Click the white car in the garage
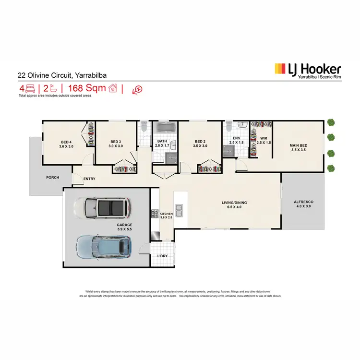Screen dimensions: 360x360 101,207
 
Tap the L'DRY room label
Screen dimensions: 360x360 162,256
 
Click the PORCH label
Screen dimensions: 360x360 52,177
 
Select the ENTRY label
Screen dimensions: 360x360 89,179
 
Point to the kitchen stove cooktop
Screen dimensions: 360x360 155,214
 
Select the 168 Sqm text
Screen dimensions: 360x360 86,88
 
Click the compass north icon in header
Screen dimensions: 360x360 138,89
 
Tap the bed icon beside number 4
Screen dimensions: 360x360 30,88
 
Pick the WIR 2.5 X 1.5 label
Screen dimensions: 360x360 264,141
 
